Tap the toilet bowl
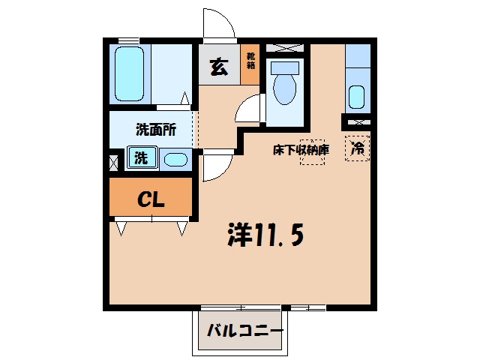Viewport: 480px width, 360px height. coord(285,89)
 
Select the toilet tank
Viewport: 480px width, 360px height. coord(285,67)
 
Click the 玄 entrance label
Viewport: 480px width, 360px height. coord(219,67)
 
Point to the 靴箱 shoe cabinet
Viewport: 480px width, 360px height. coord(250,61)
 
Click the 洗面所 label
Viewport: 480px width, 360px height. coord(156,130)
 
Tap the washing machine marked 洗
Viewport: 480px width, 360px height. coord(142,157)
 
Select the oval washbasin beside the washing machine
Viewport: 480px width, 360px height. coord(175,160)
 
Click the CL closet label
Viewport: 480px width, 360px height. coord(151,199)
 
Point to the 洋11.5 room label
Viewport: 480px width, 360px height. coord(265,235)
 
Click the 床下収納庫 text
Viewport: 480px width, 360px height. coord(301,150)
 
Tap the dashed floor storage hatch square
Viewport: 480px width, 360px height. coord(312,152)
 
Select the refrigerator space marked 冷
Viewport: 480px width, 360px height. coord(357,148)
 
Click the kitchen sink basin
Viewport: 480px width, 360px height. coord(357,97)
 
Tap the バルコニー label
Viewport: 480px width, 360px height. coord(245,331)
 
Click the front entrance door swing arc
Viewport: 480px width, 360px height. coord(226,18)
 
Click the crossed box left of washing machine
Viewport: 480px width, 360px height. coord(113,163)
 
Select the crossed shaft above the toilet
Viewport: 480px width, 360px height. coord(285,48)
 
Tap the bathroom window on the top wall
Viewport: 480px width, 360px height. coord(128,40)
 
